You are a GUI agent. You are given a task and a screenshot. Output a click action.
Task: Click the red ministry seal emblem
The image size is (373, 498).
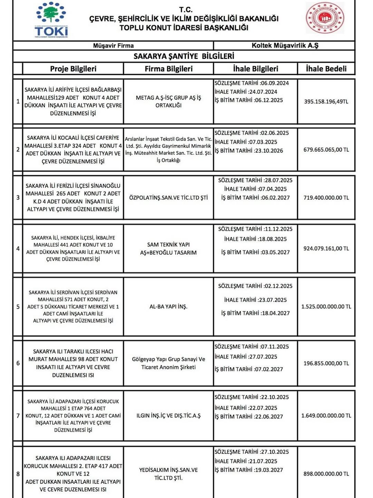pos(325,18)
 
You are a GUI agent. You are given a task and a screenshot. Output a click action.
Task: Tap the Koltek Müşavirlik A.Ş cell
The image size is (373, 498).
pos(285,45)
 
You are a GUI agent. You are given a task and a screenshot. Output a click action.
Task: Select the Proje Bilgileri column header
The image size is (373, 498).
pos(73,68)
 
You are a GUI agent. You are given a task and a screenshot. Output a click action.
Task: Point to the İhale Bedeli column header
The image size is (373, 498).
pos(326,68)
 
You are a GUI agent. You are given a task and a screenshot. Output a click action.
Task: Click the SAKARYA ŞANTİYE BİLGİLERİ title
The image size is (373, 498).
pos(184,56)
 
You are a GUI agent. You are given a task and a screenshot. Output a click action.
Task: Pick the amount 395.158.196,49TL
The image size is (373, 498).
pos(326,102)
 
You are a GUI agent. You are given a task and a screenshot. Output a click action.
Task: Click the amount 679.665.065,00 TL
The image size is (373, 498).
pos(326,150)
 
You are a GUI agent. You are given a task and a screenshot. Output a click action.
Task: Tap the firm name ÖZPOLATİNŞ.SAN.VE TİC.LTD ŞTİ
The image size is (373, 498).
pos(169,198)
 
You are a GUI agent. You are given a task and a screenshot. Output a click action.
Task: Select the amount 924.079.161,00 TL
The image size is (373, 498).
pos(326,248)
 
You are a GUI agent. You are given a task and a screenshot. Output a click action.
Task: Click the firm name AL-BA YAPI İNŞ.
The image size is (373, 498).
pos(169,307)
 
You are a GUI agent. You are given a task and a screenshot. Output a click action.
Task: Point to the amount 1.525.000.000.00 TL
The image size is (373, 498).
pos(326,307)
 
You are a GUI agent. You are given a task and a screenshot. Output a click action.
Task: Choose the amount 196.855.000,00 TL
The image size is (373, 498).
pos(326,363)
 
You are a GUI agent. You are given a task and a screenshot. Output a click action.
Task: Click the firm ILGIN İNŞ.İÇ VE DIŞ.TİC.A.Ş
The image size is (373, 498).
pos(169,415)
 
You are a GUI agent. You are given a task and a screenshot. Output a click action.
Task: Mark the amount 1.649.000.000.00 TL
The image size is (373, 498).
pos(326,415)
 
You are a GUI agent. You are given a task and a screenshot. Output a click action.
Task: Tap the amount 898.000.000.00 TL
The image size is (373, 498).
pos(326,474)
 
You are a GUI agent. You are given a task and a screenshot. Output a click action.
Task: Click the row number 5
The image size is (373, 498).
pos(18,307)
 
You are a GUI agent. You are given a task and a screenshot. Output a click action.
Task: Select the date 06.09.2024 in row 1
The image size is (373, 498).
pos(275,83)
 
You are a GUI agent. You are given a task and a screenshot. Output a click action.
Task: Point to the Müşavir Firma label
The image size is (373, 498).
pos(113,45)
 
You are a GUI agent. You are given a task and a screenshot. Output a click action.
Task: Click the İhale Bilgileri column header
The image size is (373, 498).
pos(256,68)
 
